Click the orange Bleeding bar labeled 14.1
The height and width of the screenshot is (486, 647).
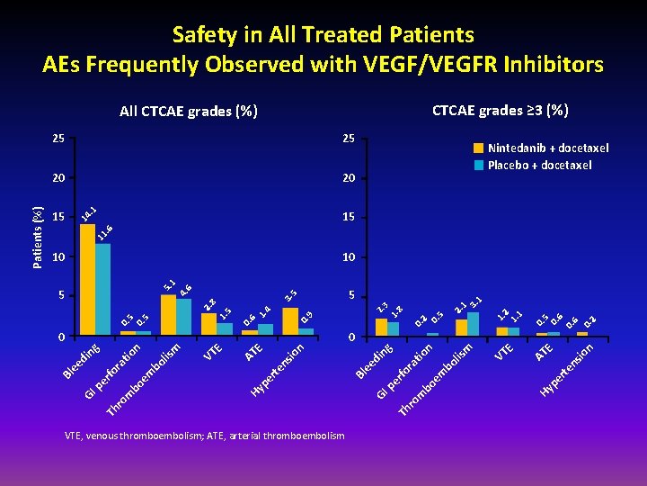[87, 279]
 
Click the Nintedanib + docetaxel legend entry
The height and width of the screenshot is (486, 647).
[547, 148]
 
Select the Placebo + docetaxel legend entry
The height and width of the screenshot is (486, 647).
[539, 165]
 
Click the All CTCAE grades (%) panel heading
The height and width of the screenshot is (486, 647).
[189, 112]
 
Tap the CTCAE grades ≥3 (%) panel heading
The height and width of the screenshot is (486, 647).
[500, 110]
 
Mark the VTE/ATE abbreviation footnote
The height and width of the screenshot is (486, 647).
[204, 436]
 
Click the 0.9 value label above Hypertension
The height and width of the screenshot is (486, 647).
[306, 317]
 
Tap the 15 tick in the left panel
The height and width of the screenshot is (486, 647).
[58, 218]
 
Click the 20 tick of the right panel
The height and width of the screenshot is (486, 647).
[349, 178]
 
